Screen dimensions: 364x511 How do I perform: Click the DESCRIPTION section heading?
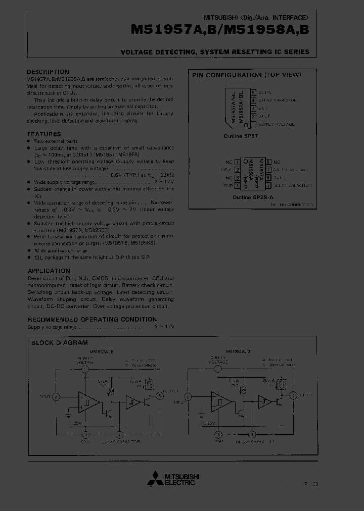(x=48, y=72)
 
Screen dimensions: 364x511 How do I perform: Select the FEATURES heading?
(x=44, y=134)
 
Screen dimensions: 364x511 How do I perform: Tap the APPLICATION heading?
(x=49, y=271)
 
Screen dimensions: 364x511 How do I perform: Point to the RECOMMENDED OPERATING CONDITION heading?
(x=92, y=319)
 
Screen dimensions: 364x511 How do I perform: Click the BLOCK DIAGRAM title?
(x=59, y=342)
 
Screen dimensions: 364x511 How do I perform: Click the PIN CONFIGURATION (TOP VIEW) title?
(x=246, y=75)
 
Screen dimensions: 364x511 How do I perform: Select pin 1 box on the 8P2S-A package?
(x=237, y=162)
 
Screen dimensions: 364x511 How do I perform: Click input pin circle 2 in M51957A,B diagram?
(x=56, y=396)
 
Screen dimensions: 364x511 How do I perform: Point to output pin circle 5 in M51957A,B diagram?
(x=160, y=396)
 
